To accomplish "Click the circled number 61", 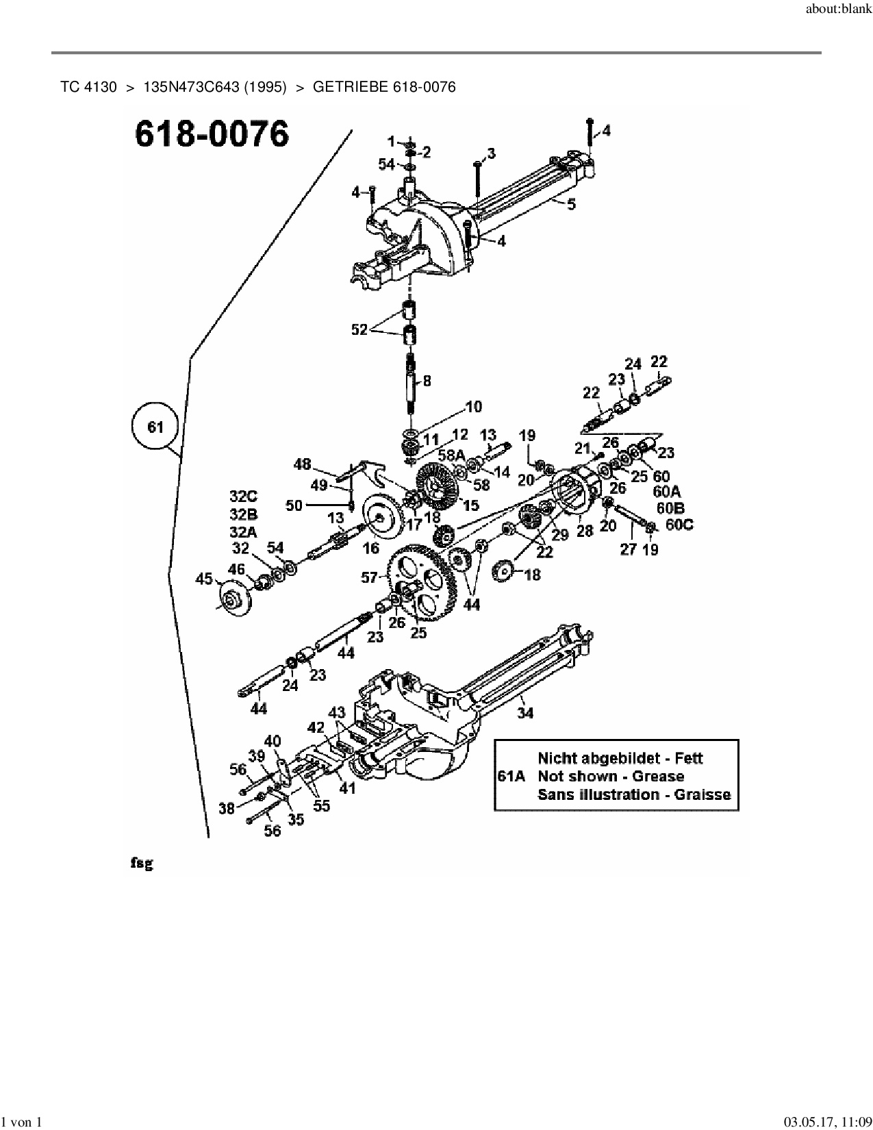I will (156, 427).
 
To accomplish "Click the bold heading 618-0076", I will (212, 134).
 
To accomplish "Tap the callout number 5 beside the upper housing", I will (572, 203).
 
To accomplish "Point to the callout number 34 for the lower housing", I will (525, 713).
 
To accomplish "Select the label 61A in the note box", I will (510, 777).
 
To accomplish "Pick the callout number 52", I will (359, 329).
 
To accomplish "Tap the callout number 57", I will (370, 578).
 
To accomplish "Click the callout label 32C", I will (244, 495).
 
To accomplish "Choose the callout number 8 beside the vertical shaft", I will (427, 381).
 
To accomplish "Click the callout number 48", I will (302, 464).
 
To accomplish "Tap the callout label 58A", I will (451, 455).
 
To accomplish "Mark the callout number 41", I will (348, 788).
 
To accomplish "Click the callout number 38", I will (227, 808).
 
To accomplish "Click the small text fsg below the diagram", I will (142, 864).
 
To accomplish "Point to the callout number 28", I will (584, 531).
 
